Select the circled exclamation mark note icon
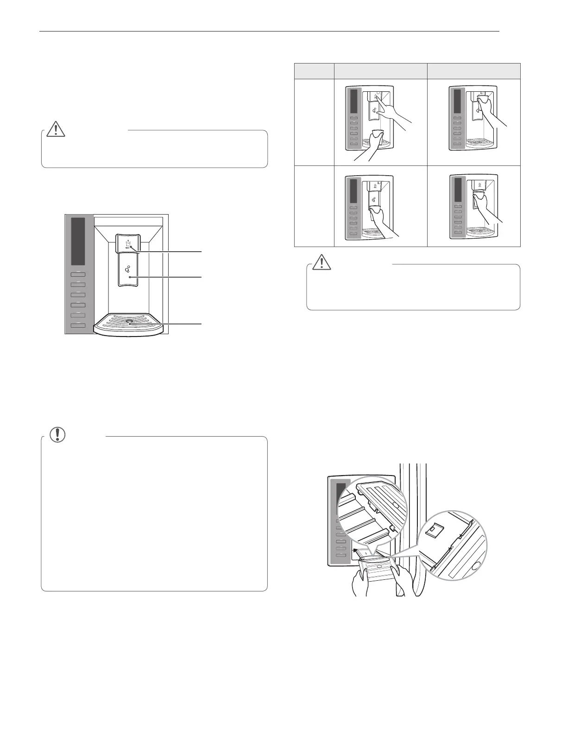pyautogui.click(x=57, y=434)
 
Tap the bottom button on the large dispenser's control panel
pyautogui.click(x=78, y=326)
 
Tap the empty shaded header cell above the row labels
pyautogui.click(x=314, y=71)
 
